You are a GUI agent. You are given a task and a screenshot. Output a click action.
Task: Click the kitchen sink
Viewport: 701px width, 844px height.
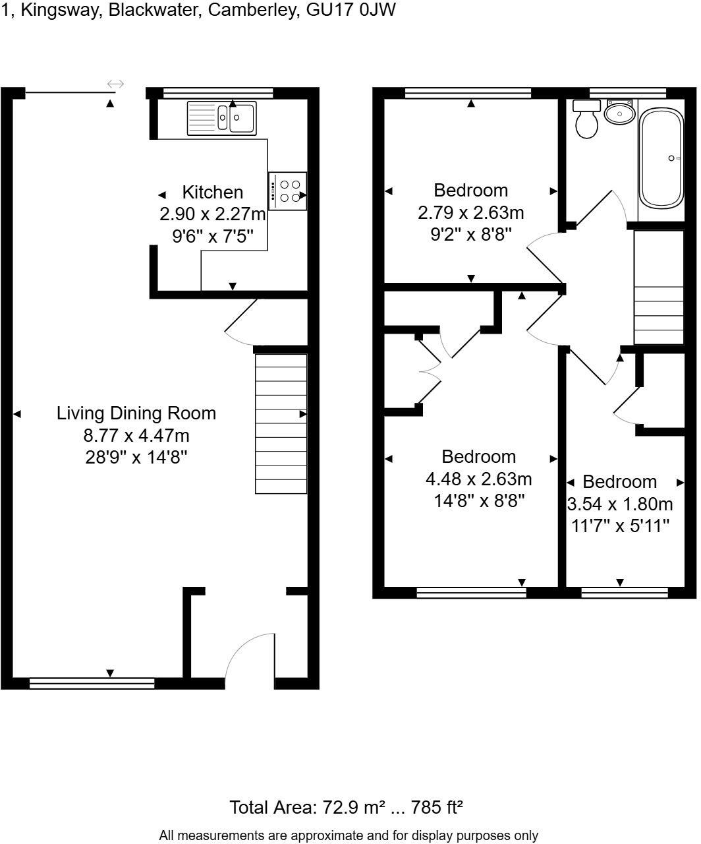tap(221, 118)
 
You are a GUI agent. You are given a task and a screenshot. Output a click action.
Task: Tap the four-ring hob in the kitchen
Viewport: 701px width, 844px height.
tap(288, 191)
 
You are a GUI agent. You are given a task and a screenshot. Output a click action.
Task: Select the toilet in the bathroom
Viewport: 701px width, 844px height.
tap(586, 119)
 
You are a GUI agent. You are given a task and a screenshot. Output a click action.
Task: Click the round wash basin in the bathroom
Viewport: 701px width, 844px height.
tap(619, 113)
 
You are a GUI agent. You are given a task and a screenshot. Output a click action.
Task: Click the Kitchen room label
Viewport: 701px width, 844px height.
tap(212, 193)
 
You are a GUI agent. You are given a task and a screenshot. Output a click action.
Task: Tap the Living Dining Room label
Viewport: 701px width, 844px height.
tap(136, 413)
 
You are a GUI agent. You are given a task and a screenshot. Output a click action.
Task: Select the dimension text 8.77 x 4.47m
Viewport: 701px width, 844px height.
tap(136, 435)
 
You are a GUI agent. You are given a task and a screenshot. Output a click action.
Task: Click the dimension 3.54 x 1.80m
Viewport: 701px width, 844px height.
tap(620, 504)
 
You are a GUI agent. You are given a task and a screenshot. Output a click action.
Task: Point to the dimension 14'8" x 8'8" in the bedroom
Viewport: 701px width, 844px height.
tap(478, 500)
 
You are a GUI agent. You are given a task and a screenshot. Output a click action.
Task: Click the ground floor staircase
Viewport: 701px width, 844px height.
tap(281, 423)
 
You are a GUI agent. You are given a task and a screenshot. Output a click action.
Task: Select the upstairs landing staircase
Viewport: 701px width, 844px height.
tap(659, 287)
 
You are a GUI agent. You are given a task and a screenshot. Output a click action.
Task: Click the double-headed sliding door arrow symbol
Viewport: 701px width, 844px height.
tap(115, 84)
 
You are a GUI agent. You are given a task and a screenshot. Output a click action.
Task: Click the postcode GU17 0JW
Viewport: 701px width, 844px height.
tap(352, 10)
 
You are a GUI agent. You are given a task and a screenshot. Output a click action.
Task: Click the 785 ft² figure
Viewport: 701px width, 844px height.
tap(437, 807)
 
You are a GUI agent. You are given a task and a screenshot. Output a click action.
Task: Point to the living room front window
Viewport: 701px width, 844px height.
tap(92, 683)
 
